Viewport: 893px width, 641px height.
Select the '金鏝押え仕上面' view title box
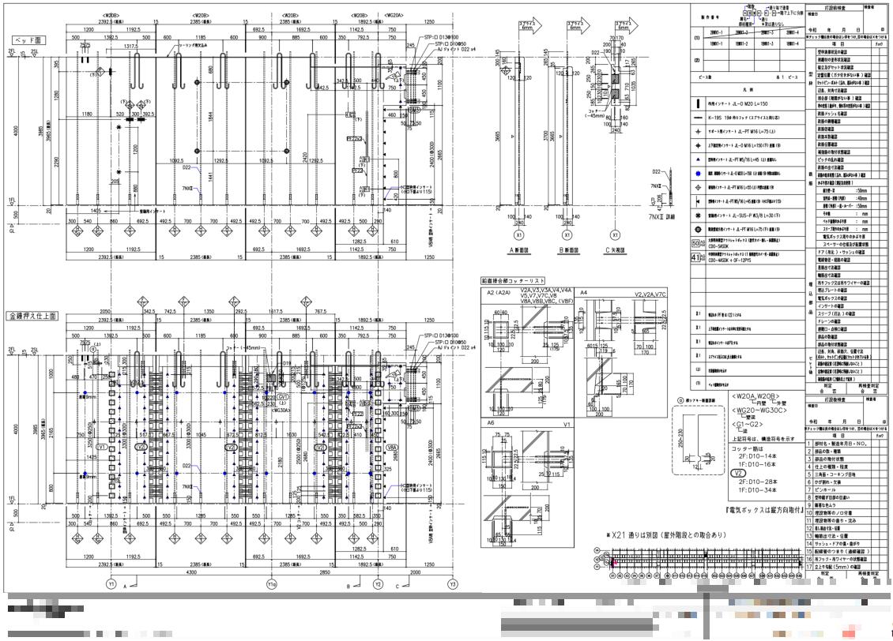[x=33, y=316]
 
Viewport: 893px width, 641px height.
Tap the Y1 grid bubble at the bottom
[x=111, y=584]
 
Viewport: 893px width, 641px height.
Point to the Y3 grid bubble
[x=453, y=584]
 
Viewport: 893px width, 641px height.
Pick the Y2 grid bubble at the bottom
[x=379, y=584]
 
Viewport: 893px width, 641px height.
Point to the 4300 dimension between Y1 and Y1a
[x=190, y=572]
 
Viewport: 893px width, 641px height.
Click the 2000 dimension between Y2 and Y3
[x=416, y=572]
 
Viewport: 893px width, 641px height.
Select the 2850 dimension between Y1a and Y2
[x=325, y=572]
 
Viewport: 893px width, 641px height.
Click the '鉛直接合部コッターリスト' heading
[x=513, y=280]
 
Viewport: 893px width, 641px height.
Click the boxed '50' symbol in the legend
[x=697, y=245]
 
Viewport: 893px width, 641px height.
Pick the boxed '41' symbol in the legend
[x=697, y=257]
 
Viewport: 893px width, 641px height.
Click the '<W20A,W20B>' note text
[x=755, y=396]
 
